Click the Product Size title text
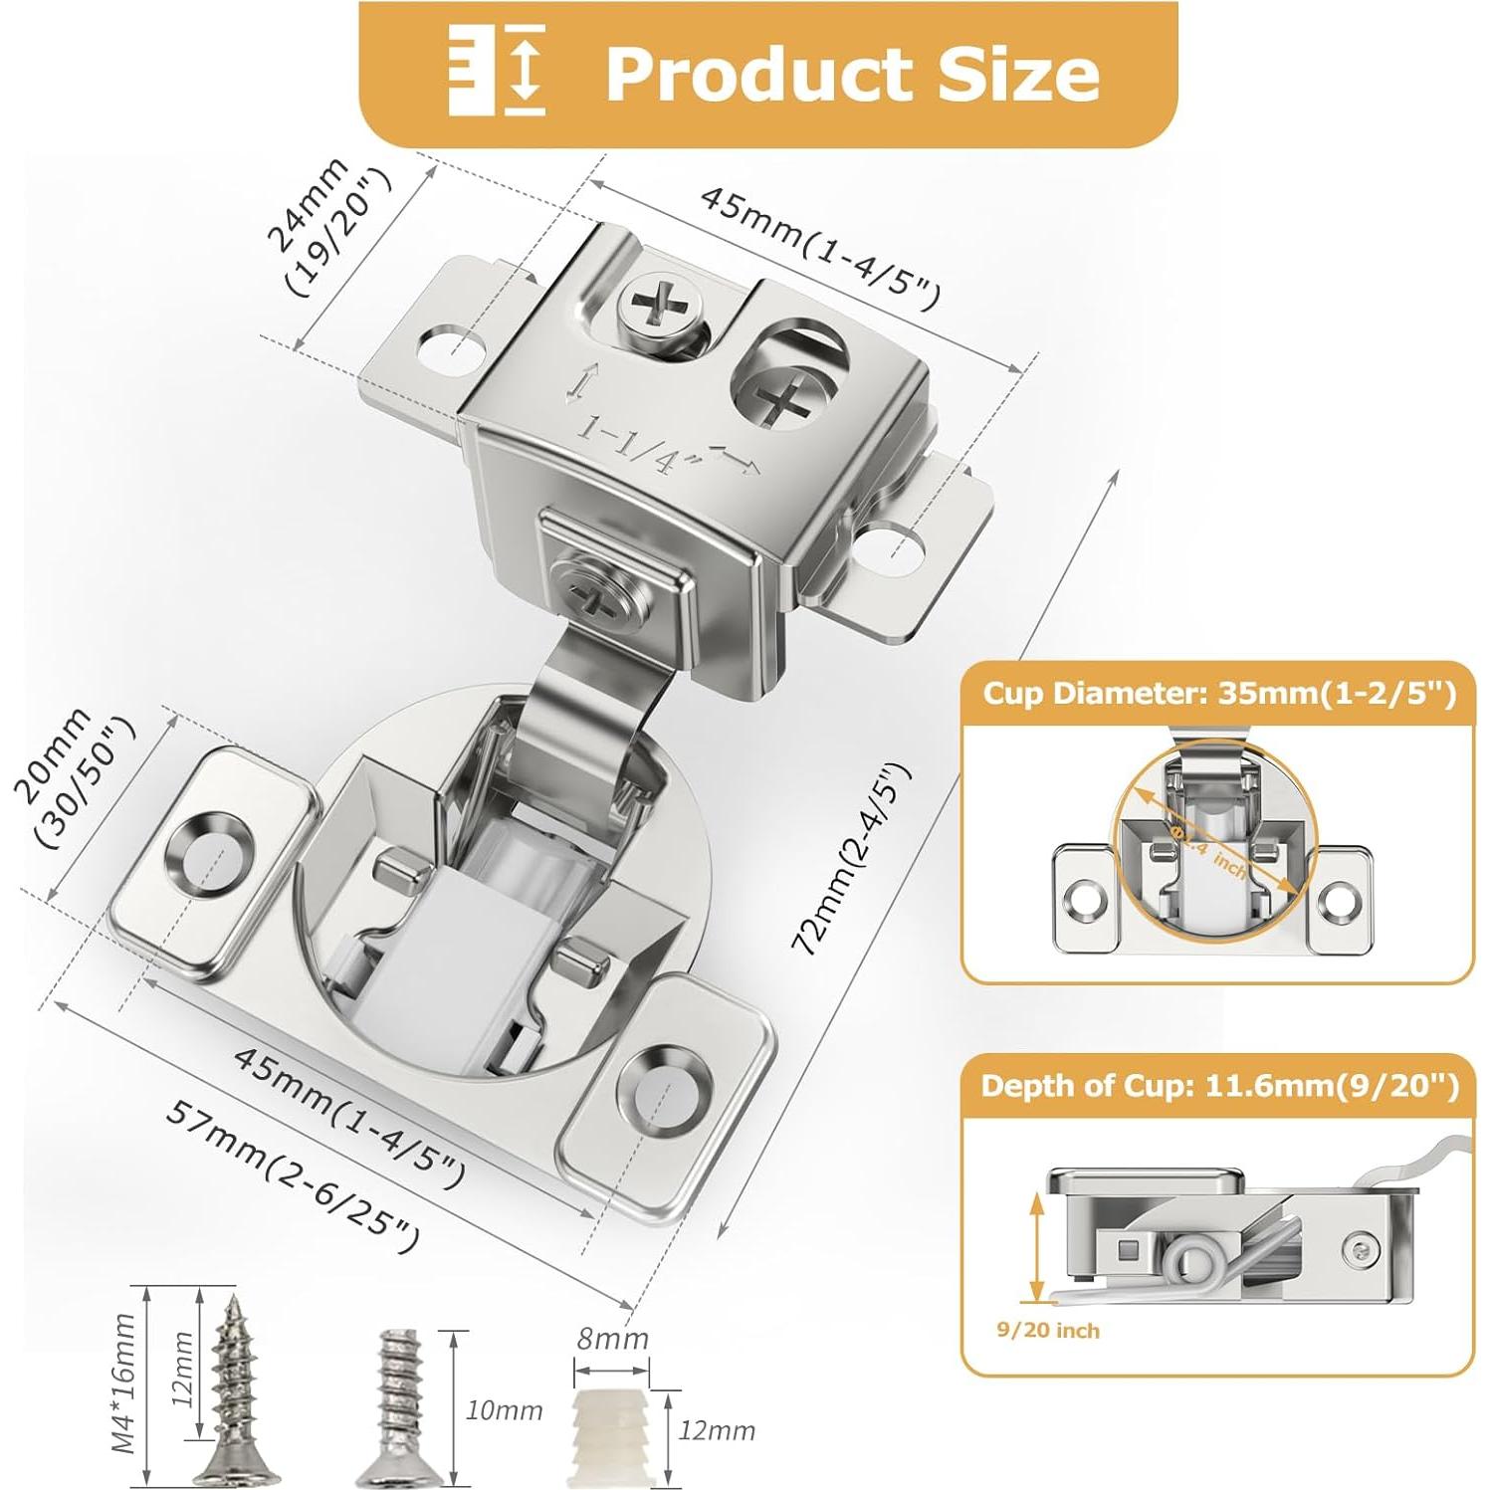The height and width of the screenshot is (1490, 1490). tap(852, 74)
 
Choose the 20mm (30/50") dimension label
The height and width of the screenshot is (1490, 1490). tap(73, 777)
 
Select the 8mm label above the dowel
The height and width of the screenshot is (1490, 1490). tap(612, 1339)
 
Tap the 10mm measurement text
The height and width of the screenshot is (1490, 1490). tap(504, 1410)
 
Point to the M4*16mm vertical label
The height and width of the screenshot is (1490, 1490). tap(123, 1384)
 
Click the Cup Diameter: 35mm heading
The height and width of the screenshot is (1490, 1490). tap(1219, 693)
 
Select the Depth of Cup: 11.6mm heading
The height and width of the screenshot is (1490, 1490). tap(1219, 1085)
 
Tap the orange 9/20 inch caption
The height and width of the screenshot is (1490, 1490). tap(1048, 1331)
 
